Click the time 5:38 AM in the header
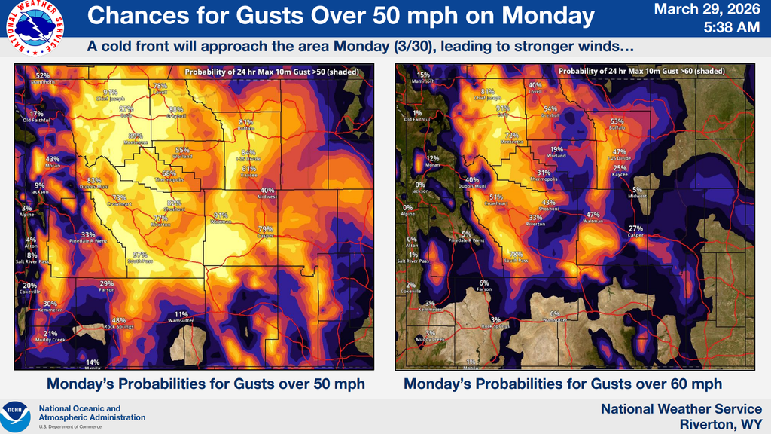(731, 28)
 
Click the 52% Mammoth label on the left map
(43, 78)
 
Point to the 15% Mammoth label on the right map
(423, 78)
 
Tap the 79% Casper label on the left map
(265, 232)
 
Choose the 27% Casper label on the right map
(636, 231)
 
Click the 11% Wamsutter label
(181, 317)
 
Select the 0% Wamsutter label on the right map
(555, 317)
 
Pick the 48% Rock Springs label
(118, 323)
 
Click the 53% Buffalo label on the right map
(617, 124)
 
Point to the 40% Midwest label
(267, 194)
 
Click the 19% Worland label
(556, 153)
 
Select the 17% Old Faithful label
(37, 116)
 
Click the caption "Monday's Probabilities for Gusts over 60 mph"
(562, 384)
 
